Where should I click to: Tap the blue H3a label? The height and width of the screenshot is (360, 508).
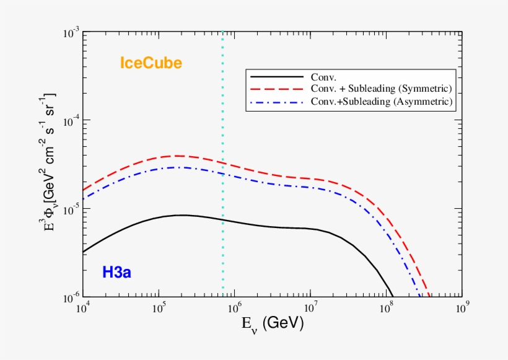point(121,271)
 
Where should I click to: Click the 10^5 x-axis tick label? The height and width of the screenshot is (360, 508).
point(159,308)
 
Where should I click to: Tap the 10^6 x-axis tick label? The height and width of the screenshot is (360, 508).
point(235,308)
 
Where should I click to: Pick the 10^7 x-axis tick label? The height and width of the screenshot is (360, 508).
point(311,308)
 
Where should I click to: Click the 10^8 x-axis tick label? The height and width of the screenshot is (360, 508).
point(387,308)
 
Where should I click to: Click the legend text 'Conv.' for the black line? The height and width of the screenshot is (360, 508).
point(324,77)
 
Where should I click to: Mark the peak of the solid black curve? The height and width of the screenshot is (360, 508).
point(182,215)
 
